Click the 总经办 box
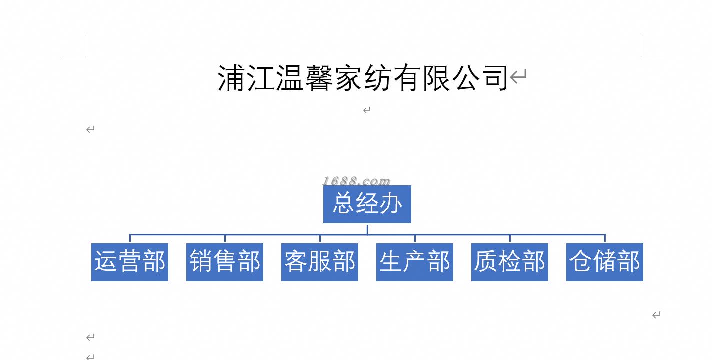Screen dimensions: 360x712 point(367,204)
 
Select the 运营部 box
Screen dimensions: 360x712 point(130,262)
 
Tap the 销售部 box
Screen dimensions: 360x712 point(225,262)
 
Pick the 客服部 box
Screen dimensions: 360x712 point(320,262)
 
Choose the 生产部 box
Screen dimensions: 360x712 point(415,262)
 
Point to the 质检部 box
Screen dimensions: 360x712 point(510,262)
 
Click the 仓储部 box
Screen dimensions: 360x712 point(605,262)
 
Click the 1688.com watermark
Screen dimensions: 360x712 point(356,180)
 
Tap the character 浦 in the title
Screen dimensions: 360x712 point(232,78)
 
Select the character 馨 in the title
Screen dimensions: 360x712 point(319,78)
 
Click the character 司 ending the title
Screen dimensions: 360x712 point(494,78)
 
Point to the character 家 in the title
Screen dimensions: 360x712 point(348,78)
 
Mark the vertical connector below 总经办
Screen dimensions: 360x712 point(367,229)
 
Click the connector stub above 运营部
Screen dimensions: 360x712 point(130,238)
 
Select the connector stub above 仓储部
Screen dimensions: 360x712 point(605,238)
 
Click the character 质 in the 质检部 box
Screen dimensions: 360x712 point(486,262)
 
